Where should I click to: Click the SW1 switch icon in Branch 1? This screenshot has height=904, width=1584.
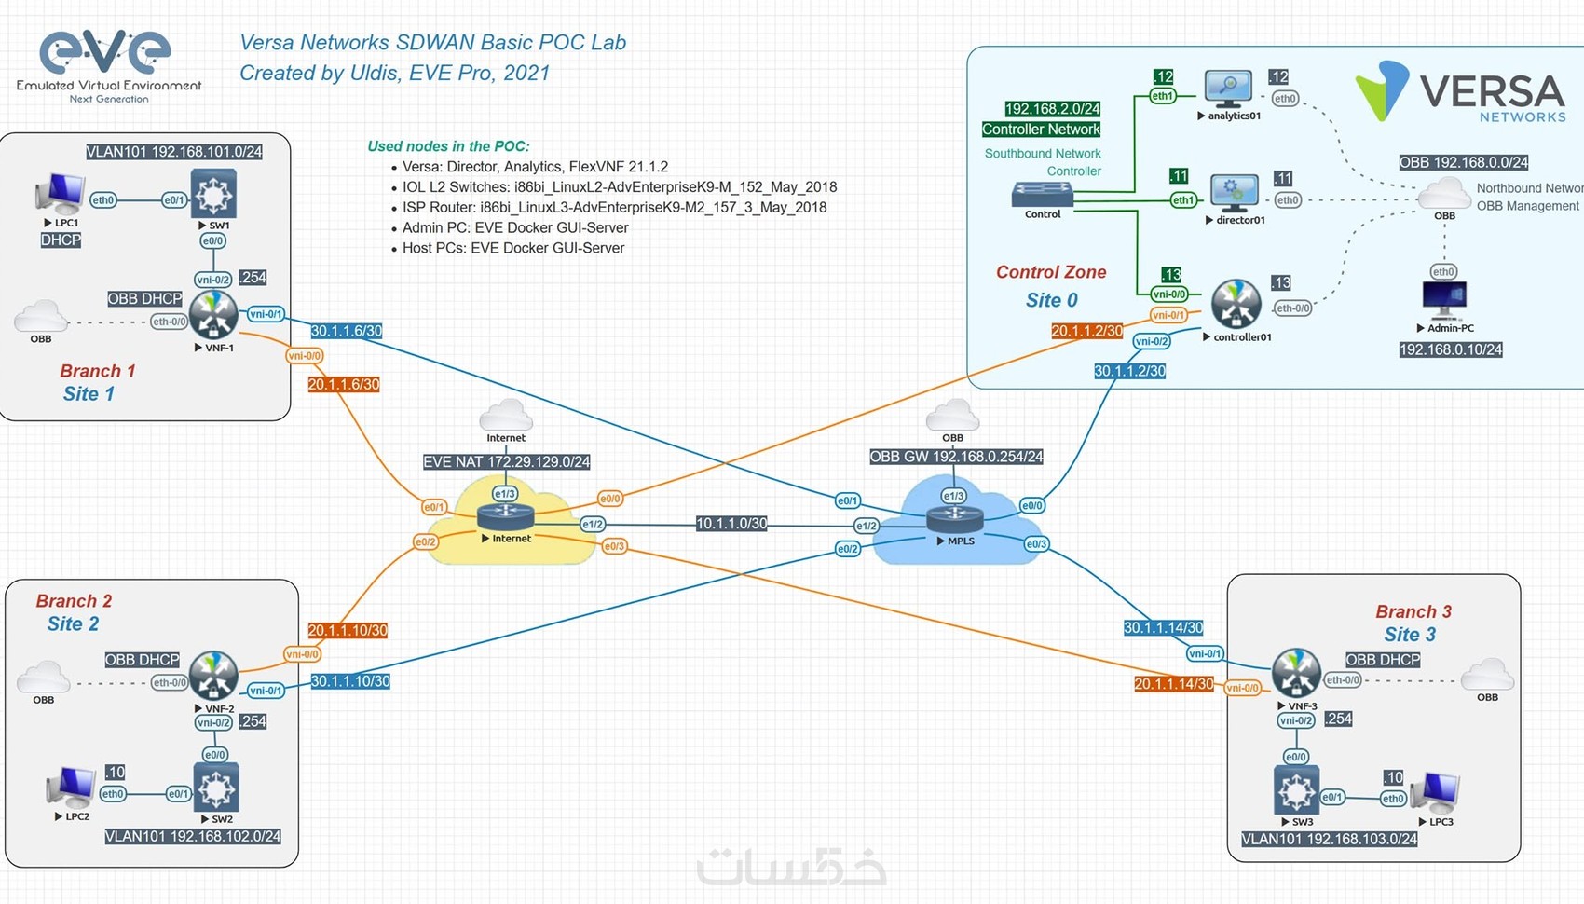[213, 193]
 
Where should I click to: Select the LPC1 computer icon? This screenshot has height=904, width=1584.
[61, 194]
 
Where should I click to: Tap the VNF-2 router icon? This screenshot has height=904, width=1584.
[213, 676]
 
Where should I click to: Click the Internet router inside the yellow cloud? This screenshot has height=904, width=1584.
[505, 516]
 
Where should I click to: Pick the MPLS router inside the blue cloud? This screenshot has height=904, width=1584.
[954, 518]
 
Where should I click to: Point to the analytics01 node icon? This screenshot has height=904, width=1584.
[1228, 89]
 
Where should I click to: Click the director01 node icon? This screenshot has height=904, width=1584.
[1234, 193]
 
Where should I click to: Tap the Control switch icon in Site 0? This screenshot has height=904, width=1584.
[1043, 194]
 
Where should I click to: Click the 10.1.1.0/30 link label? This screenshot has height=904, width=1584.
[731, 524]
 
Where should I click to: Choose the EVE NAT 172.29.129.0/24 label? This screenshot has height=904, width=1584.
[506, 461]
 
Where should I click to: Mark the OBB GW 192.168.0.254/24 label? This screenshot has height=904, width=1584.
[956, 457]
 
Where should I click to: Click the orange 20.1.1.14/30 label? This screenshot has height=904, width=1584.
[1174, 684]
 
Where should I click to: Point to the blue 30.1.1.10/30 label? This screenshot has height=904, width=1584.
[350, 681]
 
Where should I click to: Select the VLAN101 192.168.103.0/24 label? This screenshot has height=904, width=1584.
[1329, 839]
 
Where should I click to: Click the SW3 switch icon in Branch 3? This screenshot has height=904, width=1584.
[1296, 790]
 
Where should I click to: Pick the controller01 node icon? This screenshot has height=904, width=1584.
[1236, 304]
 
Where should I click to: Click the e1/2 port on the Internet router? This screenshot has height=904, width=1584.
[592, 525]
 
